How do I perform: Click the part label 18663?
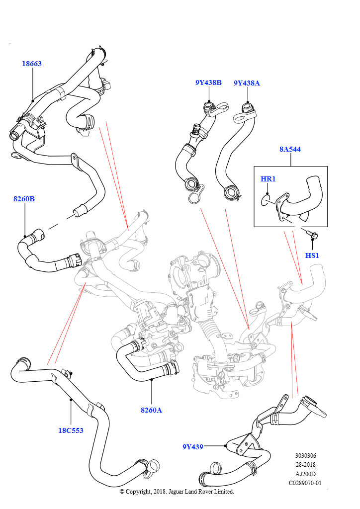point(31,64)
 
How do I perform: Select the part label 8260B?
point(24,199)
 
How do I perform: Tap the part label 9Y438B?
point(208,83)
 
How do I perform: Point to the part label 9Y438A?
point(247,83)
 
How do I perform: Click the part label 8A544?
point(289,149)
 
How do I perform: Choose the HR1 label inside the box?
point(268,178)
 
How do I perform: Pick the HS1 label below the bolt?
point(312,255)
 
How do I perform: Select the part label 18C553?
point(71,430)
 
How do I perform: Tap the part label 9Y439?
point(192,447)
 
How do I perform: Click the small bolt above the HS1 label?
point(313,233)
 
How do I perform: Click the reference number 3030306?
point(305,456)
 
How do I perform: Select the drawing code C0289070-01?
point(305,483)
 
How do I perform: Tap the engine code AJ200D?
point(305,474)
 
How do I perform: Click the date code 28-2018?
point(305,465)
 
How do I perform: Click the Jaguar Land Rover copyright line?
point(177,492)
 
